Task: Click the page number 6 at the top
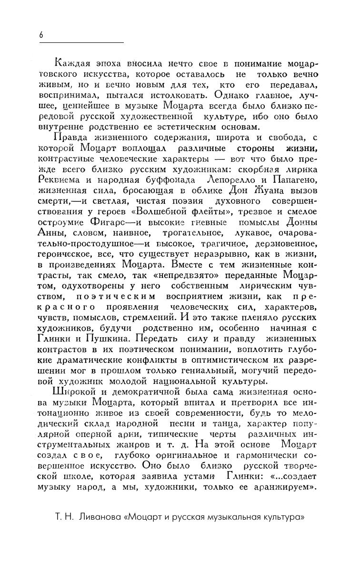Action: click(41, 34)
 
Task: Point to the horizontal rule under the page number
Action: click(81, 43)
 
